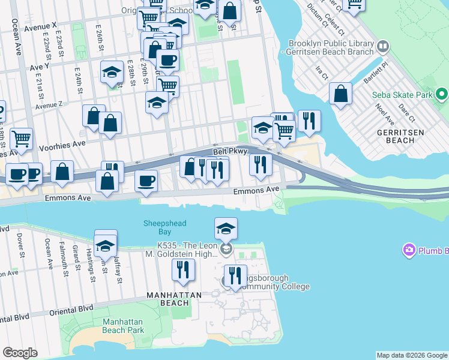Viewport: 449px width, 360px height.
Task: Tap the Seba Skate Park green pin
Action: (442, 94)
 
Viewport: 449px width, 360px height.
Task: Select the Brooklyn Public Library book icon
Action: (383, 46)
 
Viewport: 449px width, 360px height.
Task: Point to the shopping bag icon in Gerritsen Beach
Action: (340, 94)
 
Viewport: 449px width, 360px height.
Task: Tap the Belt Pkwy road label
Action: (231, 152)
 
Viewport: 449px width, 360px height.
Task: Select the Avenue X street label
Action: (38, 26)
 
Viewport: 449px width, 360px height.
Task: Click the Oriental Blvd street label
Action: (69, 308)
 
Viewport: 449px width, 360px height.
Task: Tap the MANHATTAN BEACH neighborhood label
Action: (172, 296)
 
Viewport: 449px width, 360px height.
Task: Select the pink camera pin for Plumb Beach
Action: (410, 250)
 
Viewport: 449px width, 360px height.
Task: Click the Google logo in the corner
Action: (20, 352)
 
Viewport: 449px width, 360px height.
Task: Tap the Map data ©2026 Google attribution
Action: (412, 355)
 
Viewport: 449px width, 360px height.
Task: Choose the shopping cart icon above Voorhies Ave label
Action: (21, 139)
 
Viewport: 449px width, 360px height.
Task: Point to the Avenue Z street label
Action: (49, 106)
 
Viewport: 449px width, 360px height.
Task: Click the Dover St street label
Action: (20, 246)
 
